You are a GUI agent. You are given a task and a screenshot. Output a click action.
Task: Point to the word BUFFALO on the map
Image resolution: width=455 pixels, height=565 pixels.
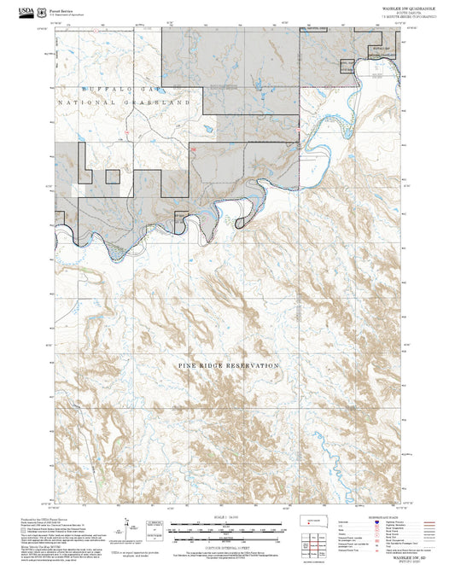[104, 89]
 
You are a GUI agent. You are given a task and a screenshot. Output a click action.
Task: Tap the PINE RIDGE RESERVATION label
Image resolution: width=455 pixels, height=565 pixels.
[229, 365]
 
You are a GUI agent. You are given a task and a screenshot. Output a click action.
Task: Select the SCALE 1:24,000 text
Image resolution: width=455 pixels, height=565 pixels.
[225, 515]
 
